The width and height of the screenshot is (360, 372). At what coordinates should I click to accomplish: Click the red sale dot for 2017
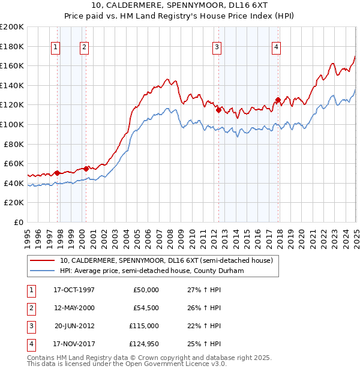[278, 100]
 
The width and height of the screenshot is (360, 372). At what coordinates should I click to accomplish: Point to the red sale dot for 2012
[218, 110]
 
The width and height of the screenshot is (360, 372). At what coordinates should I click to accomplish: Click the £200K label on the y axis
[12, 27]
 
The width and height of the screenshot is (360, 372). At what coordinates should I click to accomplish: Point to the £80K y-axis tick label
[14, 144]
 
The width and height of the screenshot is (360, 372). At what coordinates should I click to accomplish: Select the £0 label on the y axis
[18, 222]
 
